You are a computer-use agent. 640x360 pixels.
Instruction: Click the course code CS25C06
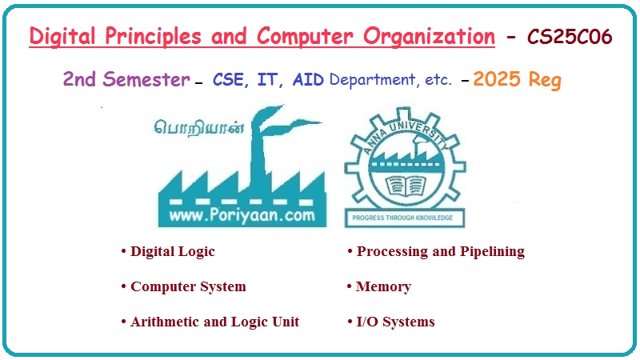(570, 37)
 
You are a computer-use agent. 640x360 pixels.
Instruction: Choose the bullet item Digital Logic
(172, 251)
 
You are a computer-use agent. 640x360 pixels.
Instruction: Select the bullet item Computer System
(187, 286)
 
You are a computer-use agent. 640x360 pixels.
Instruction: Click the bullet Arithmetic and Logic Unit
(214, 322)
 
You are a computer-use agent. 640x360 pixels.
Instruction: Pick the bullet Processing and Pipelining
(440, 251)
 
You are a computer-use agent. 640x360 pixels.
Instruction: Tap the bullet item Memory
(383, 286)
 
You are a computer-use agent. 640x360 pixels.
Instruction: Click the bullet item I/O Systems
(395, 322)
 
